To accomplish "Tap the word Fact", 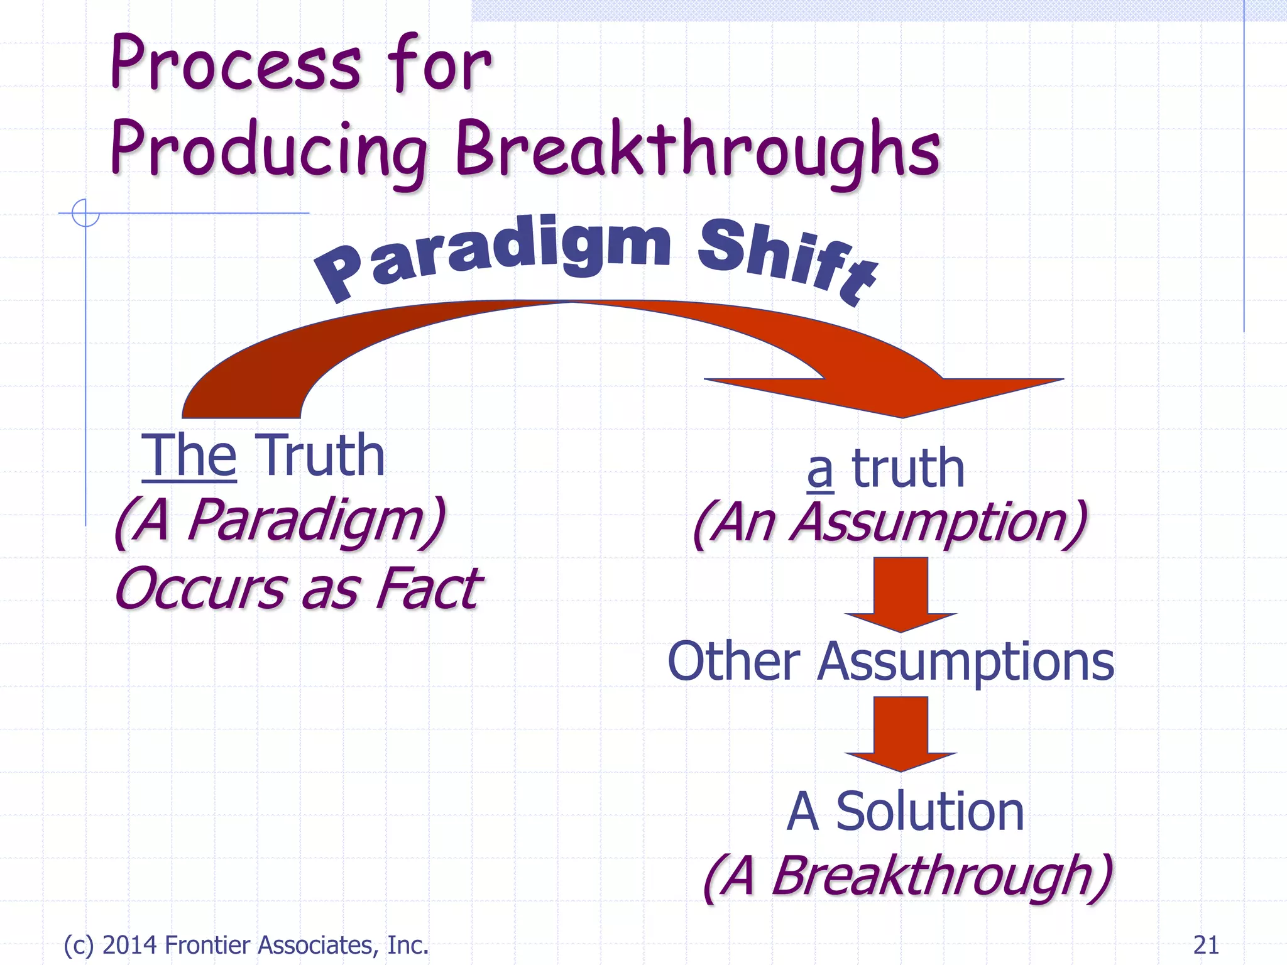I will click(x=427, y=589).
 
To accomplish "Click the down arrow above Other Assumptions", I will click(x=901, y=594).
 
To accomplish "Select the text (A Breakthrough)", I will click(x=907, y=876).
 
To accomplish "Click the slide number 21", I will click(x=1205, y=945).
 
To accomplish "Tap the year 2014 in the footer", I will click(x=131, y=945).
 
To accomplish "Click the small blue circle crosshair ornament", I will click(x=85, y=213).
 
